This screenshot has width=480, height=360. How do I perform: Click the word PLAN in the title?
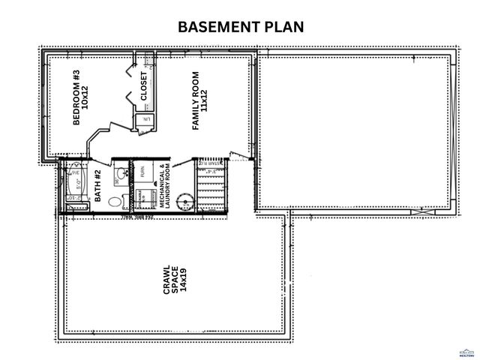pyautogui.click(x=284, y=28)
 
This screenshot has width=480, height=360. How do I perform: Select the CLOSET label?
pyautogui.click(x=144, y=86)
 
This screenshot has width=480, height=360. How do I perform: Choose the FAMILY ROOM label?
pyautogui.click(x=196, y=102)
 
